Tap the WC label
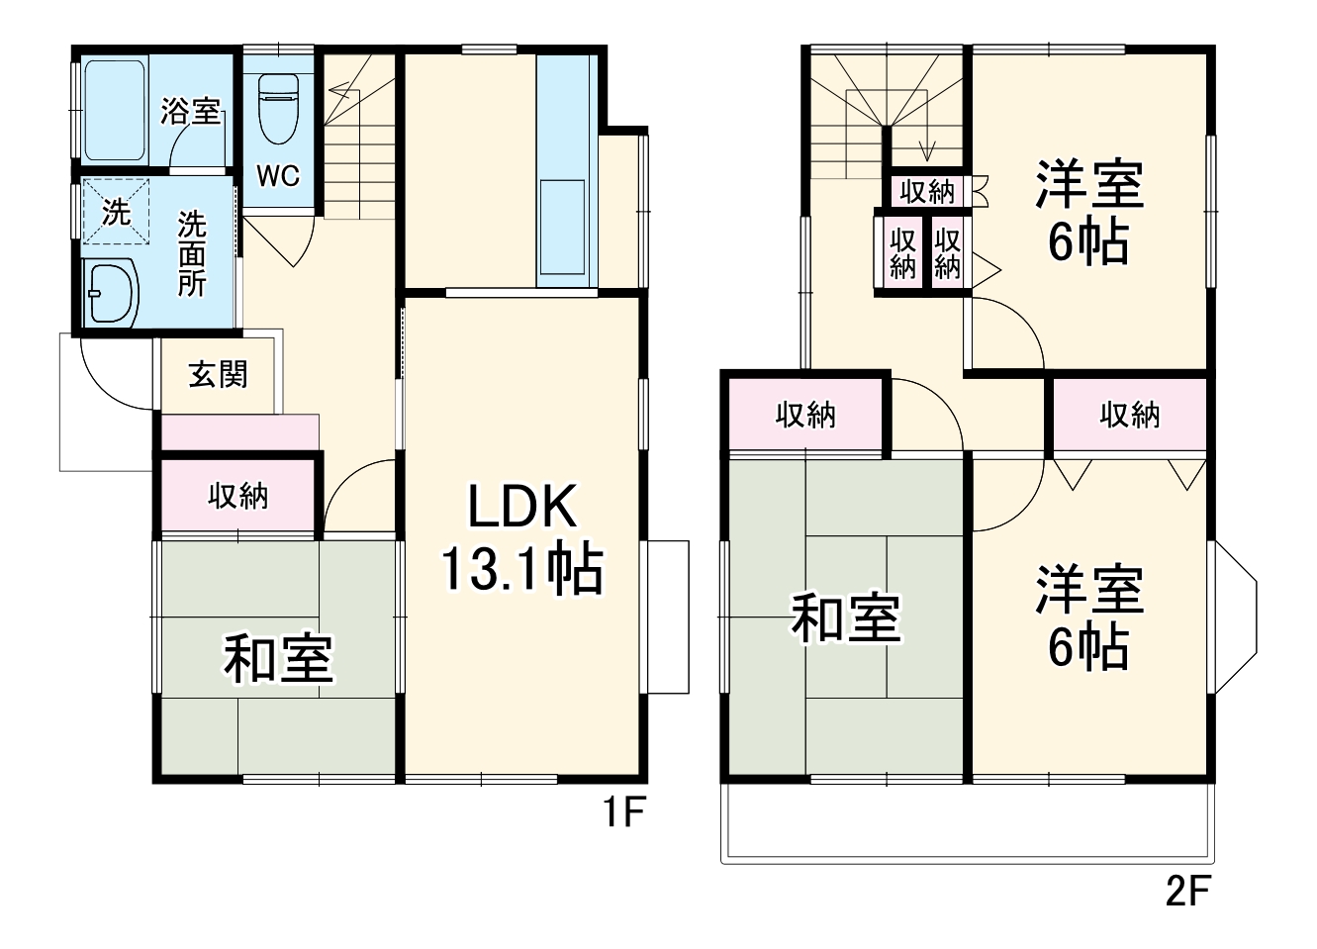(278, 176)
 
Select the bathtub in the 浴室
(115, 110)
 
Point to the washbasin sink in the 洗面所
(110, 293)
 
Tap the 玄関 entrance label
(218, 375)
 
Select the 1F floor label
(625, 813)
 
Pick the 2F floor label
(1187, 892)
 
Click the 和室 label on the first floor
(278, 658)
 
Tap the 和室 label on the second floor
(845, 618)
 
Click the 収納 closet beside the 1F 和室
(237, 496)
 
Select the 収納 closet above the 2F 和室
(805, 415)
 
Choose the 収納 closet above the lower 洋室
(1129, 415)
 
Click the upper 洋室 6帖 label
(1089, 212)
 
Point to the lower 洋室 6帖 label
(1089, 617)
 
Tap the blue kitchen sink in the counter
(561, 227)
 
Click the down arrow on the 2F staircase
(927, 149)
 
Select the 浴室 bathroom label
(190, 111)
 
